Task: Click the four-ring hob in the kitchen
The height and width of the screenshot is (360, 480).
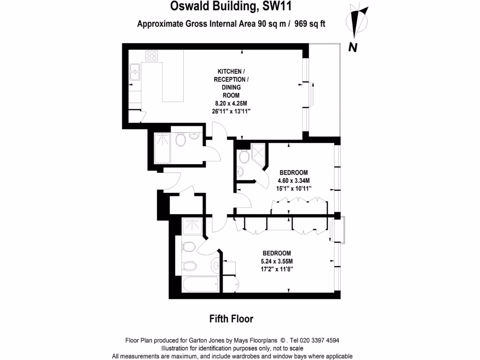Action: coord(151,56)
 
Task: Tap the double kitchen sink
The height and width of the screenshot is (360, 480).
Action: coord(135,72)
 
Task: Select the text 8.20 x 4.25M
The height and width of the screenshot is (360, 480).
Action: coord(230,103)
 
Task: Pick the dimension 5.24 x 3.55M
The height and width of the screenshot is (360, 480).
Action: coord(277,261)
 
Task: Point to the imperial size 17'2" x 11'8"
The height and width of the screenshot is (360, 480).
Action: coord(277,269)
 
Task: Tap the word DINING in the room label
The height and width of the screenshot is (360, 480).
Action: coord(230,87)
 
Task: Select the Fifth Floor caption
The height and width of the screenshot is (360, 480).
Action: coord(231,319)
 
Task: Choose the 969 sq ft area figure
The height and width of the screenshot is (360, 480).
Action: coord(310,24)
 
